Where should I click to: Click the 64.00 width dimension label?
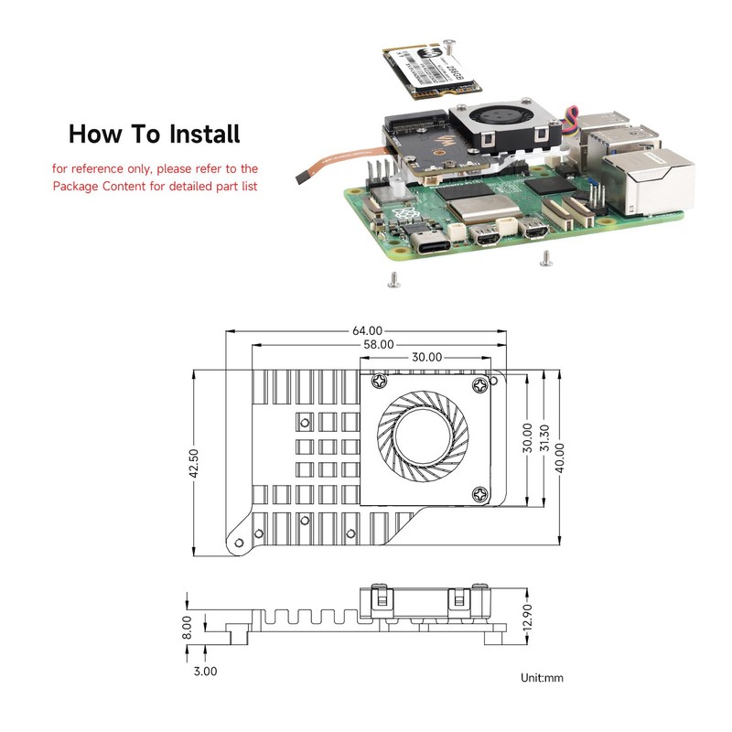click(x=365, y=330)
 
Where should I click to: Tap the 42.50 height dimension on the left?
click(x=193, y=463)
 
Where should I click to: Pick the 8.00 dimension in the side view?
click(x=187, y=627)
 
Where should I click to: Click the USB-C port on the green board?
click(x=434, y=242)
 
